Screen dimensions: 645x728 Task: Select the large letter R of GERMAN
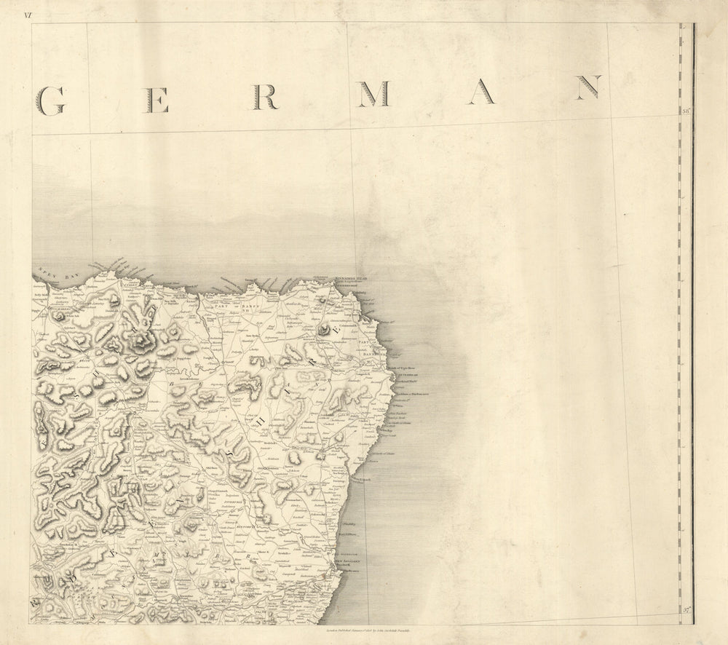265,96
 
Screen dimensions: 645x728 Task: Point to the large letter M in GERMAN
372,93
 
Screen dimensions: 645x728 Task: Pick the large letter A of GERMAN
481,91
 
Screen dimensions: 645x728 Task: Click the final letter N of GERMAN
587,87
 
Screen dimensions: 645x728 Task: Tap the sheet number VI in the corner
28,14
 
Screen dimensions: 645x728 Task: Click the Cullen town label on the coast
131,286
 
